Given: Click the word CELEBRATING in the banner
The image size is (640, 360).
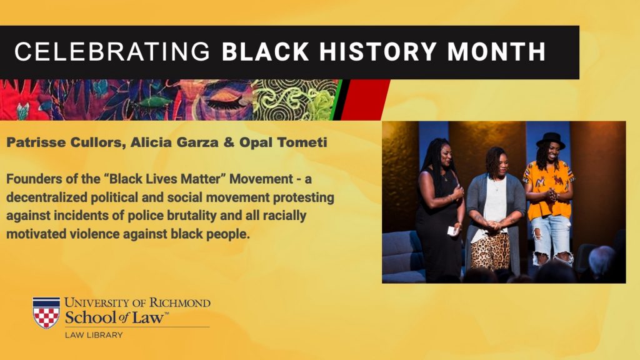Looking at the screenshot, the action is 112,52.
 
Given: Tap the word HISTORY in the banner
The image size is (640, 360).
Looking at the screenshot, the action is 378,52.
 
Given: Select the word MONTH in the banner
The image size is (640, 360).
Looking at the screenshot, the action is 497,52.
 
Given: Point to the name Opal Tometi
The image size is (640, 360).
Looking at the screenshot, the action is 283,142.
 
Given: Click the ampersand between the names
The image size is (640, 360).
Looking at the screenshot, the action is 229,142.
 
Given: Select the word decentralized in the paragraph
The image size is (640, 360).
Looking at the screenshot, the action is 46,197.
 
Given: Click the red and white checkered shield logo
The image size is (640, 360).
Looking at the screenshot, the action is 46,312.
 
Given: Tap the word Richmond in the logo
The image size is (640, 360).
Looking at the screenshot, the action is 180,303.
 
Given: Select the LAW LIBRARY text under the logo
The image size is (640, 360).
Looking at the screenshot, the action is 94,335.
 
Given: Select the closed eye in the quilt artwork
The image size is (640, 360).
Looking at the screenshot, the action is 225,102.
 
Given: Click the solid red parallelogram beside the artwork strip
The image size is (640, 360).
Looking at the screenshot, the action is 364,100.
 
